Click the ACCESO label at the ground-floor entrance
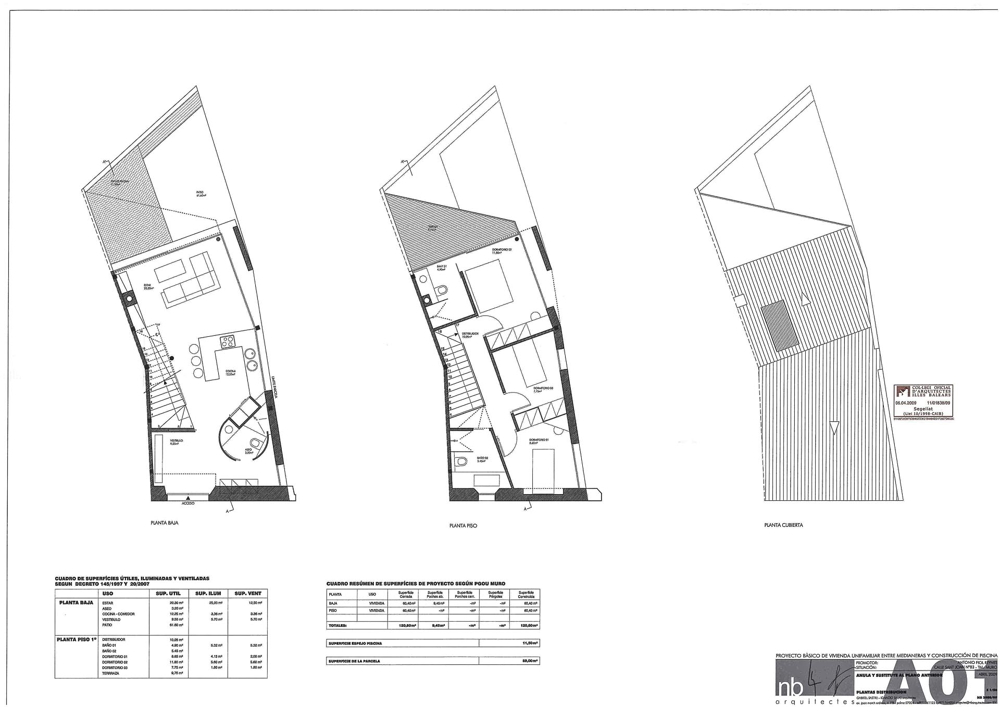188,504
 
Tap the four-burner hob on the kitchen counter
228,342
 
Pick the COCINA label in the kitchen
230,372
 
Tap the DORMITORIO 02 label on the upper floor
502,250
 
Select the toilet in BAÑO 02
461,461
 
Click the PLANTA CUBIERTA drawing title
783,525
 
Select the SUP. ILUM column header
208,594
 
